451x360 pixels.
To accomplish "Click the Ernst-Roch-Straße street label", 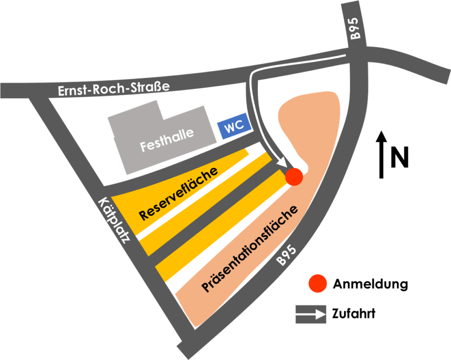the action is pyautogui.click(x=114, y=89).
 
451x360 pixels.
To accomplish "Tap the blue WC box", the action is pyautogui.click(x=235, y=126).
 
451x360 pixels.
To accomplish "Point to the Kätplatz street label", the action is pyautogui.click(x=114, y=220).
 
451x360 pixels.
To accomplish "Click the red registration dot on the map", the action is pyautogui.click(x=294, y=177).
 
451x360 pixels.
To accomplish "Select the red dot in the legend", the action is pyautogui.click(x=317, y=283).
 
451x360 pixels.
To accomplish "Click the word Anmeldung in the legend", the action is pyautogui.click(x=370, y=284).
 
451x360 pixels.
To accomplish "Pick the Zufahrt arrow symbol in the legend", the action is pyautogui.click(x=311, y=314).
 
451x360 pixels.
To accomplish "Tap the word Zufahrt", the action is pyautogui.click(x=354, y=314).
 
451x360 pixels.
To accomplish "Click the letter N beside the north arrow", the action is pyautogui.click(x=400, y=157).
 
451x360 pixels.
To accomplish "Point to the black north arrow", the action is pyautogui.click(x=381, y=155).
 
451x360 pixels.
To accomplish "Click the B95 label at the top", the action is pyautogui.click(x=355, y=28).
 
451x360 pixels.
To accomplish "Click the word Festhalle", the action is pyautogui.click(x=167, y=140).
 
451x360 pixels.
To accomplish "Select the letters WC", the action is pyautogui.click(x=234, y=126).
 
